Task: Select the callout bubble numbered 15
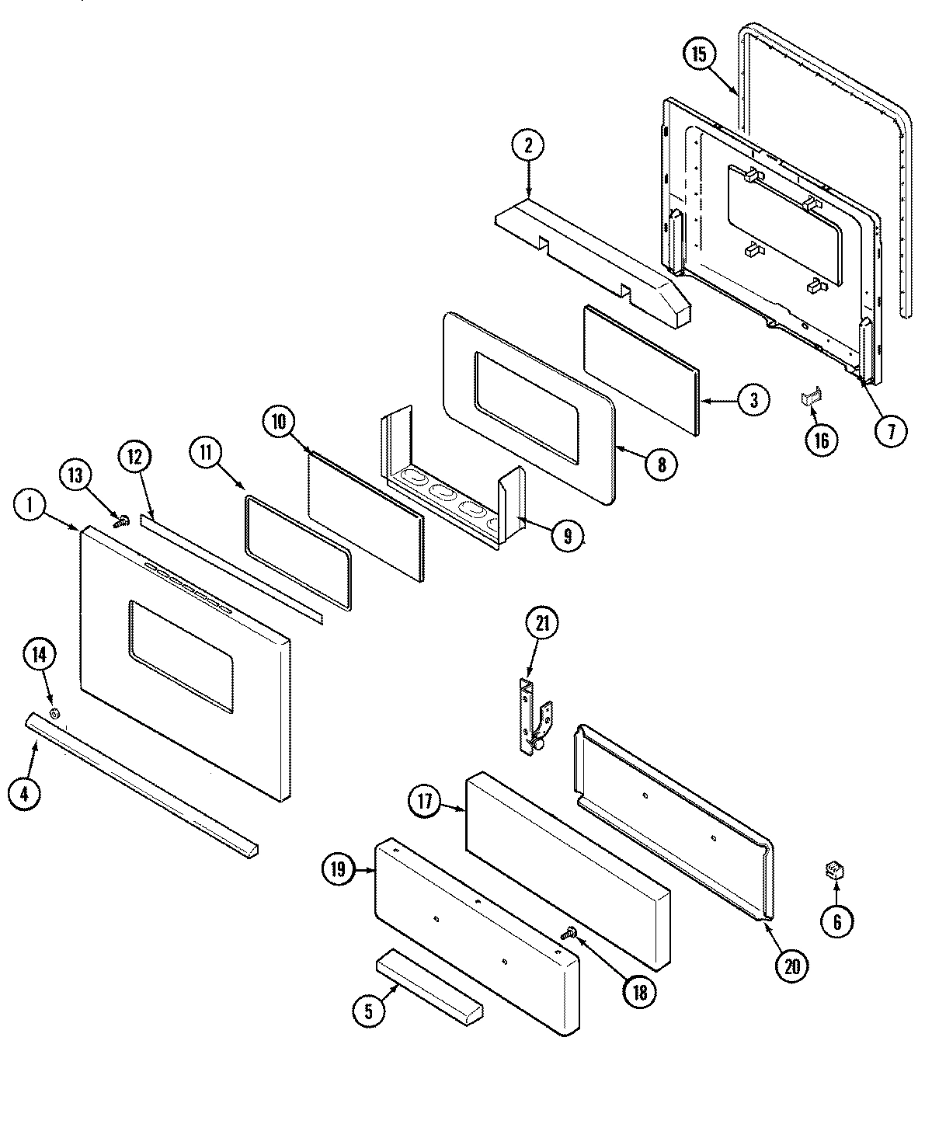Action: tap(699, 54)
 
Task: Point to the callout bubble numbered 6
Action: tap(837, 922)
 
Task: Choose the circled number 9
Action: tap(568, 536)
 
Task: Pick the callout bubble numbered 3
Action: tap(753, 400)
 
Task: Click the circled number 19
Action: tap(338, 871)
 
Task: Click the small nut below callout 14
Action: tap(54, 713)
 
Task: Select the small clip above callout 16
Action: tap(811, 398)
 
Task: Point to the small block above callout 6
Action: tap(836, 872)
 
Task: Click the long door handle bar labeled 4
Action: tap(140, 785)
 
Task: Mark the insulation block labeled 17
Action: tap(567, 870)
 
